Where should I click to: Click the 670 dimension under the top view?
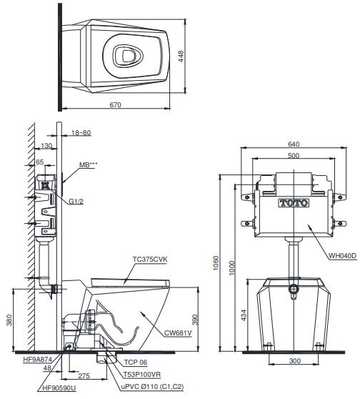(115, 104)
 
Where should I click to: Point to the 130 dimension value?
(48, 146)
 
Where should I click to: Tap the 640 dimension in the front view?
(294, 143)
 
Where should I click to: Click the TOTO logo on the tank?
(294, 202)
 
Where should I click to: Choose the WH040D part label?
(342, 255)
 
